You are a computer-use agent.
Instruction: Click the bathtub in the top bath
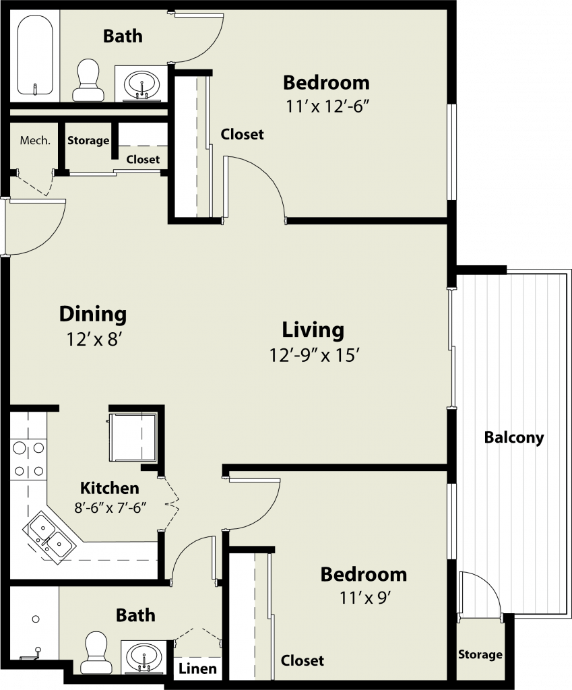tap(35, 55)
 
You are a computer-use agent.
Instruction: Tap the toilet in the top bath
tap(88, 80)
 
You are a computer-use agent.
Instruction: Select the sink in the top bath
tap(141, 84)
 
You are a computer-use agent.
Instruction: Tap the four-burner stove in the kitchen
tap(28, 460)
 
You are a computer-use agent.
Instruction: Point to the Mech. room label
tap(35, 140)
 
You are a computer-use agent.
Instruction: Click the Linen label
tap(197, 669)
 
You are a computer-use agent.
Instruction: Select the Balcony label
tap(514, 437)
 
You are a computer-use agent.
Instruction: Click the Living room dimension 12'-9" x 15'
tap(315, 354)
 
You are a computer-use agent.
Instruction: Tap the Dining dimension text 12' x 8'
tap(94, 340)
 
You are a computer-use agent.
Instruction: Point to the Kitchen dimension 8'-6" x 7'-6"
tap(110, 507)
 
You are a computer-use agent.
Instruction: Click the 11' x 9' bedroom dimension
tap(365, 598)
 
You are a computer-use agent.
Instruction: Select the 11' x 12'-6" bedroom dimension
tap(327, 106)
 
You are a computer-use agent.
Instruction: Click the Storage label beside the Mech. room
tap(88, 140)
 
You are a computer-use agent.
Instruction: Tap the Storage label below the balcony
tap(480, 654)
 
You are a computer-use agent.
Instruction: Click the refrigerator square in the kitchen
tap(133, 437)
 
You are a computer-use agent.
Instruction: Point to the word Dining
tap(93, 314)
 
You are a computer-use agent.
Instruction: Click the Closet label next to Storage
tap(143, 159)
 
